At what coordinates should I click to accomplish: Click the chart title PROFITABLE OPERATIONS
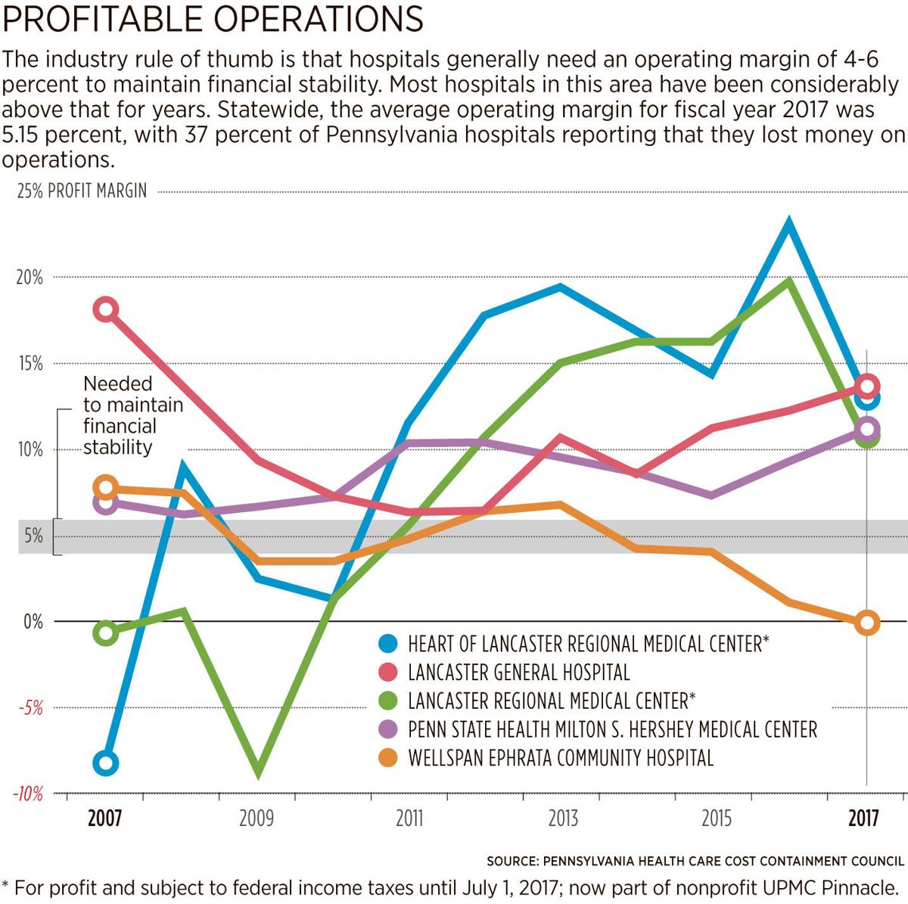click(x=213, y=19)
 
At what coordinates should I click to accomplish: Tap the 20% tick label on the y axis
click(x=30, y=278)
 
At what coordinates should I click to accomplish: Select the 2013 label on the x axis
click(x=562, y=819)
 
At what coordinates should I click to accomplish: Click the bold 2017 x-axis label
click(x=863, y=819)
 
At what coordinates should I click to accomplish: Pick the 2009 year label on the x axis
click(x=257, y=819)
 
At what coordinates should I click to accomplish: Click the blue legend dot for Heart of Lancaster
click(x=388, y=644)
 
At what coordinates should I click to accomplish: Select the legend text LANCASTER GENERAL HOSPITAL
click(x=518, y=672)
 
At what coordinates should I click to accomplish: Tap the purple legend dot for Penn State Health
click(x=388, y=729)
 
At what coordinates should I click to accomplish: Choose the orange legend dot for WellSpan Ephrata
click(x=388, y=757)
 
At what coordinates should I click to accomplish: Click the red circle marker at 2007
click(x=106, y=309)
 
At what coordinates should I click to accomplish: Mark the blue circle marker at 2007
click(x=106, y=763)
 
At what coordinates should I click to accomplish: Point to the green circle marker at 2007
click(x=106, y=633)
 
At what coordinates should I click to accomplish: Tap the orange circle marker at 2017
click(x=867, y=623)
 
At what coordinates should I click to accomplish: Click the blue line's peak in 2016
click(x=788, y=224)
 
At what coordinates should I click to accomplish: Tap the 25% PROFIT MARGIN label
click(x=82, y=191)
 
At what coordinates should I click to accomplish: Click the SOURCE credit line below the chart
click(x=695, y=861)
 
